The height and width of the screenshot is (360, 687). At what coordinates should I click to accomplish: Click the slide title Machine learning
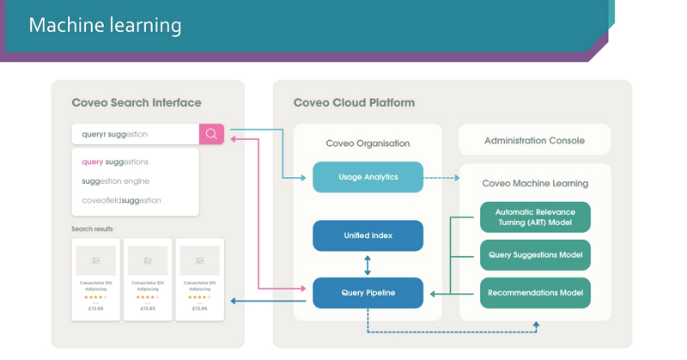click(105, 25)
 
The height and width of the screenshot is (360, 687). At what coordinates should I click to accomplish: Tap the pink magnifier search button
click(211, 134)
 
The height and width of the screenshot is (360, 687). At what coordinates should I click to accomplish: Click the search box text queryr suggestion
click(115, 134)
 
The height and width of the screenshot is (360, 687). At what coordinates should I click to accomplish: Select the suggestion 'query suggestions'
click(115, 162)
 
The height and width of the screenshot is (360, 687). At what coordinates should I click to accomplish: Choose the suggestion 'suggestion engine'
click(115, 181)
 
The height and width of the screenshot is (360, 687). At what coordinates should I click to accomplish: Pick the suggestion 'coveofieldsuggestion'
click(121, 200)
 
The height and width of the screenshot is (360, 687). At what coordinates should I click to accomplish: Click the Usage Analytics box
click(368, 177)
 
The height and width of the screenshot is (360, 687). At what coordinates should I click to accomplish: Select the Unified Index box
click(368, 235)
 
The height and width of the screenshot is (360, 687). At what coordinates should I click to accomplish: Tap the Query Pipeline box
click(368, 293)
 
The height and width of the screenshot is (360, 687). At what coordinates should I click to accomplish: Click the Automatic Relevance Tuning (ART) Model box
click(535, 217)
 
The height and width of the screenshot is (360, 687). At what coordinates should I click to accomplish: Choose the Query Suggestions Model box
click(535, 254)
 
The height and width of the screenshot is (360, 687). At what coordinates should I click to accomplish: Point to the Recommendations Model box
click(535, 293)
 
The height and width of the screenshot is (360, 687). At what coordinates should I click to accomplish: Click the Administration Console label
click(534, 140)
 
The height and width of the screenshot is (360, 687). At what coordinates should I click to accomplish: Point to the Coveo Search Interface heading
click(137, 103)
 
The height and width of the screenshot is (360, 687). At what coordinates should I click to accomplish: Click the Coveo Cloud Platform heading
click(354, 103)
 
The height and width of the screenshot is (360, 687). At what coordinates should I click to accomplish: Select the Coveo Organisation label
click(368, 143)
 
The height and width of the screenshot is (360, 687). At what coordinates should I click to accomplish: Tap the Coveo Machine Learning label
click(535, 183)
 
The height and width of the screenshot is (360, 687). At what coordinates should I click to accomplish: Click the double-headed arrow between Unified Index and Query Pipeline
click(368, 264)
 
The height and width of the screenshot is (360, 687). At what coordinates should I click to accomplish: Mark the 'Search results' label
click(93, 229)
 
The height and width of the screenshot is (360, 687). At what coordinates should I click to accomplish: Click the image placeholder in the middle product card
click(147, 260)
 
